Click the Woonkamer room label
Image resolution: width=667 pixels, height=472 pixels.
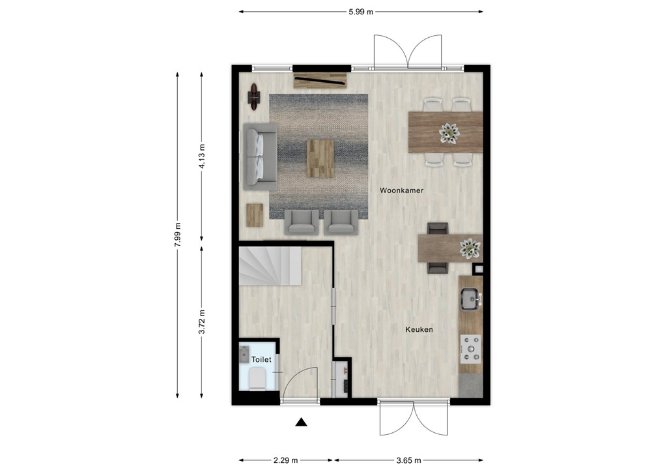click(x=402, y=190)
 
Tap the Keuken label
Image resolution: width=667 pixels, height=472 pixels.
click(x=419, y=330)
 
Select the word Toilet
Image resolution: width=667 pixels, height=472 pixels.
click(x=261, y=359)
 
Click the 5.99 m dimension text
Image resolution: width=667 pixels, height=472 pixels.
click(x=360, y=11)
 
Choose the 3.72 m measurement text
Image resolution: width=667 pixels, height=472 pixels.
click(x=202, y=322)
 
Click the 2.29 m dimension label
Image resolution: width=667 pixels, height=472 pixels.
click(x=285, y=460)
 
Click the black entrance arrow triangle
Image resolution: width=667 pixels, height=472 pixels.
click(x=301, y=422)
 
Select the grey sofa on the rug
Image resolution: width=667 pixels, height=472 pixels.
click(x=260, y=156)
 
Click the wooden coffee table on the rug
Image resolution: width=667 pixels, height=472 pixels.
click(x=320, y=158)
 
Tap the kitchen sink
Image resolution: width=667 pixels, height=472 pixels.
click(x=470, y=299)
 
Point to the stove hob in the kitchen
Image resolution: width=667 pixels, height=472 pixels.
click(x=470, y=349)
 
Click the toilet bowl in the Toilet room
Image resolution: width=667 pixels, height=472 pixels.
click(x=257, y=379)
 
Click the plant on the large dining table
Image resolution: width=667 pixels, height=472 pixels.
click(x=449, y=133)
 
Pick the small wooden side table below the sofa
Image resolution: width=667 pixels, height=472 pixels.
click(x=254, y=214)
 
